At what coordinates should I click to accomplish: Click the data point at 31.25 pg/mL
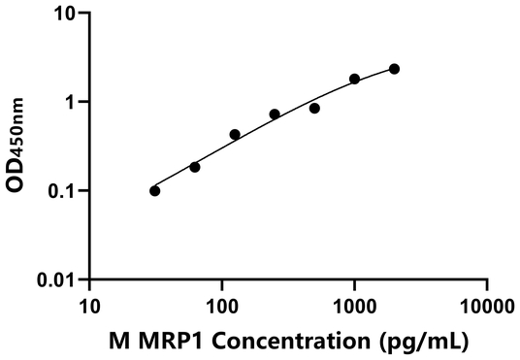click(x=155, y=191)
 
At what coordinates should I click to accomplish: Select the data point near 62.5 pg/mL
click(x=195, y=167)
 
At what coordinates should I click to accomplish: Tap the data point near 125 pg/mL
click(x=235, y=135)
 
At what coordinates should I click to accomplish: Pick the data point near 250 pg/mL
click(x=275, y=115)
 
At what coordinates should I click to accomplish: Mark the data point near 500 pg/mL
click(x=314, y=108)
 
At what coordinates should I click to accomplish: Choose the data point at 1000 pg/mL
click(x=354, y=79)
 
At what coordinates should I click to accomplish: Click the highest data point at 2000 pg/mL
click(x=394, y=69)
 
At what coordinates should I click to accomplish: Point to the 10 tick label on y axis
click(x=65, y=14)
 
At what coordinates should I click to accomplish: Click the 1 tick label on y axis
click(x=72, y=102)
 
